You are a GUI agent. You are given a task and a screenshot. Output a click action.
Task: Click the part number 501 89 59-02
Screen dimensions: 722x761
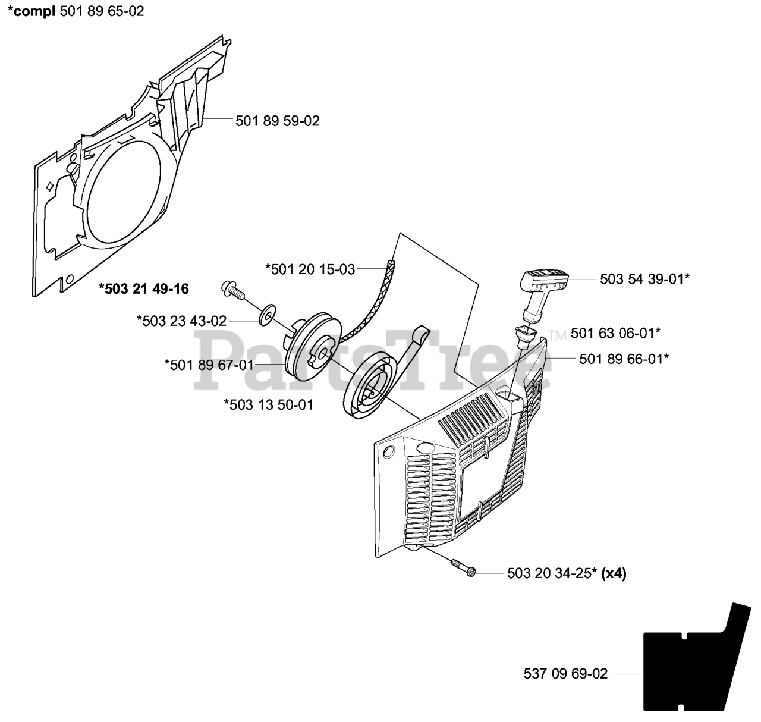277,121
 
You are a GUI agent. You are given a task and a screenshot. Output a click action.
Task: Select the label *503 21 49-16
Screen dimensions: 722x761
144,289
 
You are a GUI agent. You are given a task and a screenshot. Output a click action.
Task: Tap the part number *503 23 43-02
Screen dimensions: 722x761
181,321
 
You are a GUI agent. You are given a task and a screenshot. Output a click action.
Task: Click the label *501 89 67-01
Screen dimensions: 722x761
209,365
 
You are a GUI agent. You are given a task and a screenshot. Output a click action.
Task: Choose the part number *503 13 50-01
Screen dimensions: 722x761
268,405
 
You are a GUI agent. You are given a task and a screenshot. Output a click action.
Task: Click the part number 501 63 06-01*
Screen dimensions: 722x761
615,333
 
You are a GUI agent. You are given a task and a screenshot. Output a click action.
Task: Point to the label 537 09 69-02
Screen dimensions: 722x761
565,674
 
